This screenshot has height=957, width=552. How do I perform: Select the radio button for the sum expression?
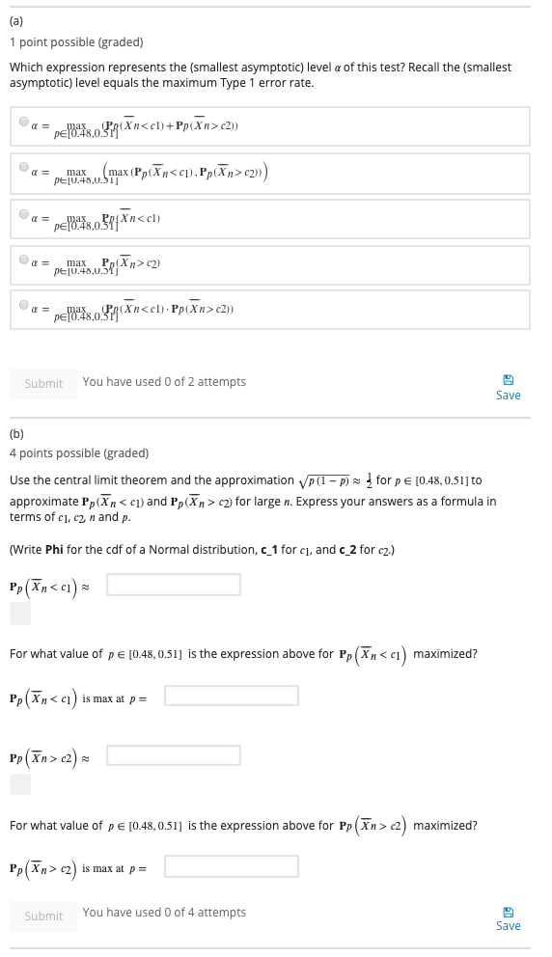(24, 122)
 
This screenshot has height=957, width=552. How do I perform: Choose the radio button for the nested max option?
(24, 167)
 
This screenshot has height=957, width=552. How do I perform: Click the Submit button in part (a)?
(43, 383)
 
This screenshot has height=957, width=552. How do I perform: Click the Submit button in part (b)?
(43, 916)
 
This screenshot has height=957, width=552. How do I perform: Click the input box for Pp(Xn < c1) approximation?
(174, 584)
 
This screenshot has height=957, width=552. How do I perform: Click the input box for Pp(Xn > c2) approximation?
(174, 754)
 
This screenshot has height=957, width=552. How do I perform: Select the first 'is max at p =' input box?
(231, 695)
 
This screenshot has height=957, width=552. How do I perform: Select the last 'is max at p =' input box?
(231, 866)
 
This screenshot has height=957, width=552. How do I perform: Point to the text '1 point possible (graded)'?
(76, 42)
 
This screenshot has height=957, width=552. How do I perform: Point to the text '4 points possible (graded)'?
(79, 453)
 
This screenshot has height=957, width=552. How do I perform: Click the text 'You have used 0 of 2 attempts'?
(164, 382)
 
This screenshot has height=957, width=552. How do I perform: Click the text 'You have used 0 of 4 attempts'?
(164, 913)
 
